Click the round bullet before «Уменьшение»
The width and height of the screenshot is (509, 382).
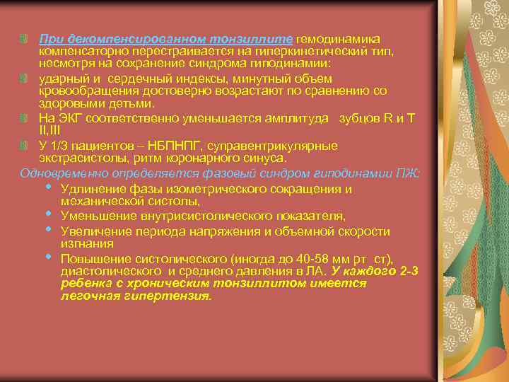[x=48, y=214]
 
